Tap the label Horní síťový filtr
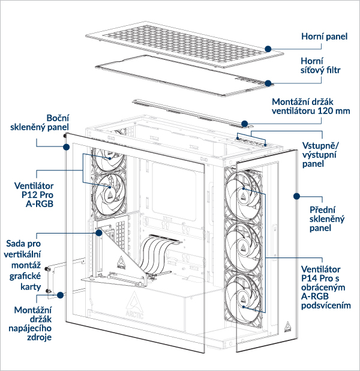click(320, 67)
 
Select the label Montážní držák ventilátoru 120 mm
click(311, 106)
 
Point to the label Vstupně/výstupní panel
click(320, 154)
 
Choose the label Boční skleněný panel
click(49, 122)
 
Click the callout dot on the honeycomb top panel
click(268, 47)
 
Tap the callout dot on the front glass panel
click(296, 195)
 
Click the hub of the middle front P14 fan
click(244, 246)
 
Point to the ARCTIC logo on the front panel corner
click(288, 327)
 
